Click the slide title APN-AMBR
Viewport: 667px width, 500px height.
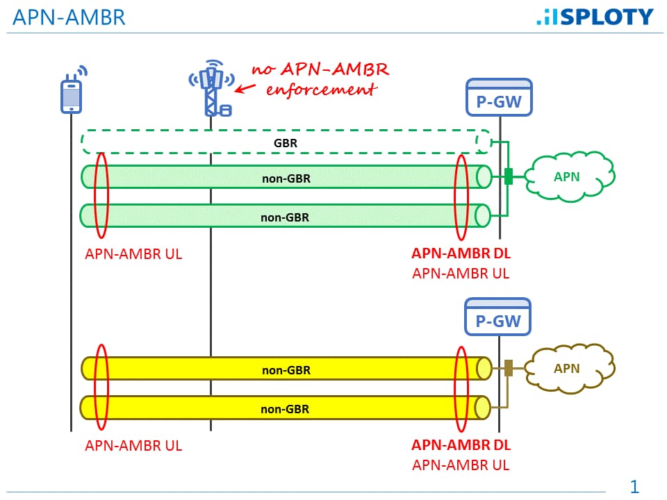coord(69,17)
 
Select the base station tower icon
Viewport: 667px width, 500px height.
coord(211,90)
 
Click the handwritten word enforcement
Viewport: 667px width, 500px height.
coord(321,90)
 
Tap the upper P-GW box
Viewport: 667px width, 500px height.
coord(499,97)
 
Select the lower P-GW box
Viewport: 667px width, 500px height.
coord(499,316)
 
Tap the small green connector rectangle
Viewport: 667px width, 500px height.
coord(509,176)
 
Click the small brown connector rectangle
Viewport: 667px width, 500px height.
coord(509,368)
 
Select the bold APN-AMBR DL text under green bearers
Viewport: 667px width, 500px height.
coord(461,253)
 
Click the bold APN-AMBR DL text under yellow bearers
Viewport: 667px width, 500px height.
coord(461,446)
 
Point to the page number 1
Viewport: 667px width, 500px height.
coord(634,486)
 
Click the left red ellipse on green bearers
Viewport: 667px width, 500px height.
coord(101,197)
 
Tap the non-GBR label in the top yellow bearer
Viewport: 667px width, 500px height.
coord(286,370)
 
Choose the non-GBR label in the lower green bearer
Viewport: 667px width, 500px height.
coord(285,217)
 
